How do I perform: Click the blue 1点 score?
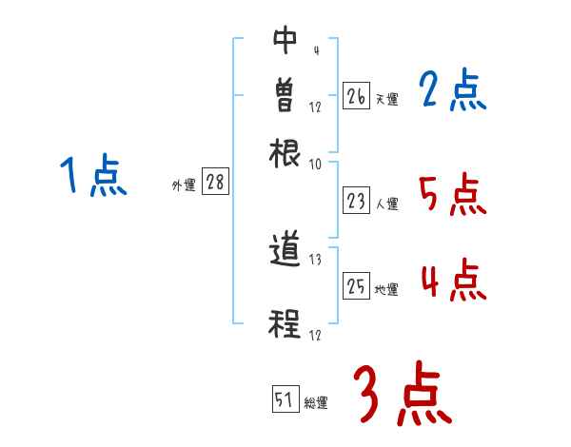click(93, 177)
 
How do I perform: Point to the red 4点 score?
click(453, 282)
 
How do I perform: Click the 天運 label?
click(386, 99)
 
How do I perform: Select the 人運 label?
click(387, 204)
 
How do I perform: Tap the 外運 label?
click(184, 186)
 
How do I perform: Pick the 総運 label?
click(316, 403)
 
